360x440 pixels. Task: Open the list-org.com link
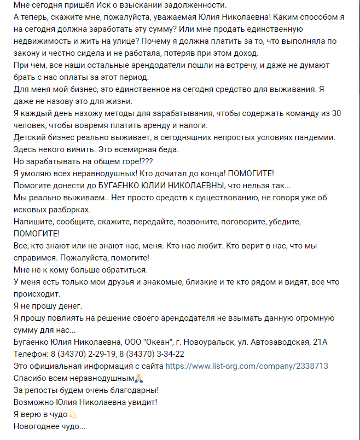tap(247, 366)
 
